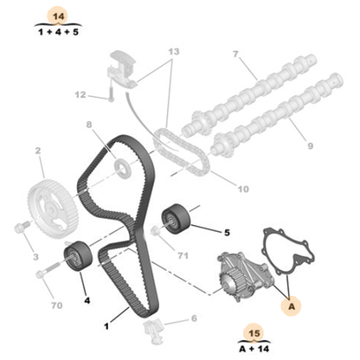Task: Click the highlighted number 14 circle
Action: [57, 16]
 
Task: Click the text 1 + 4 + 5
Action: [57, 33]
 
